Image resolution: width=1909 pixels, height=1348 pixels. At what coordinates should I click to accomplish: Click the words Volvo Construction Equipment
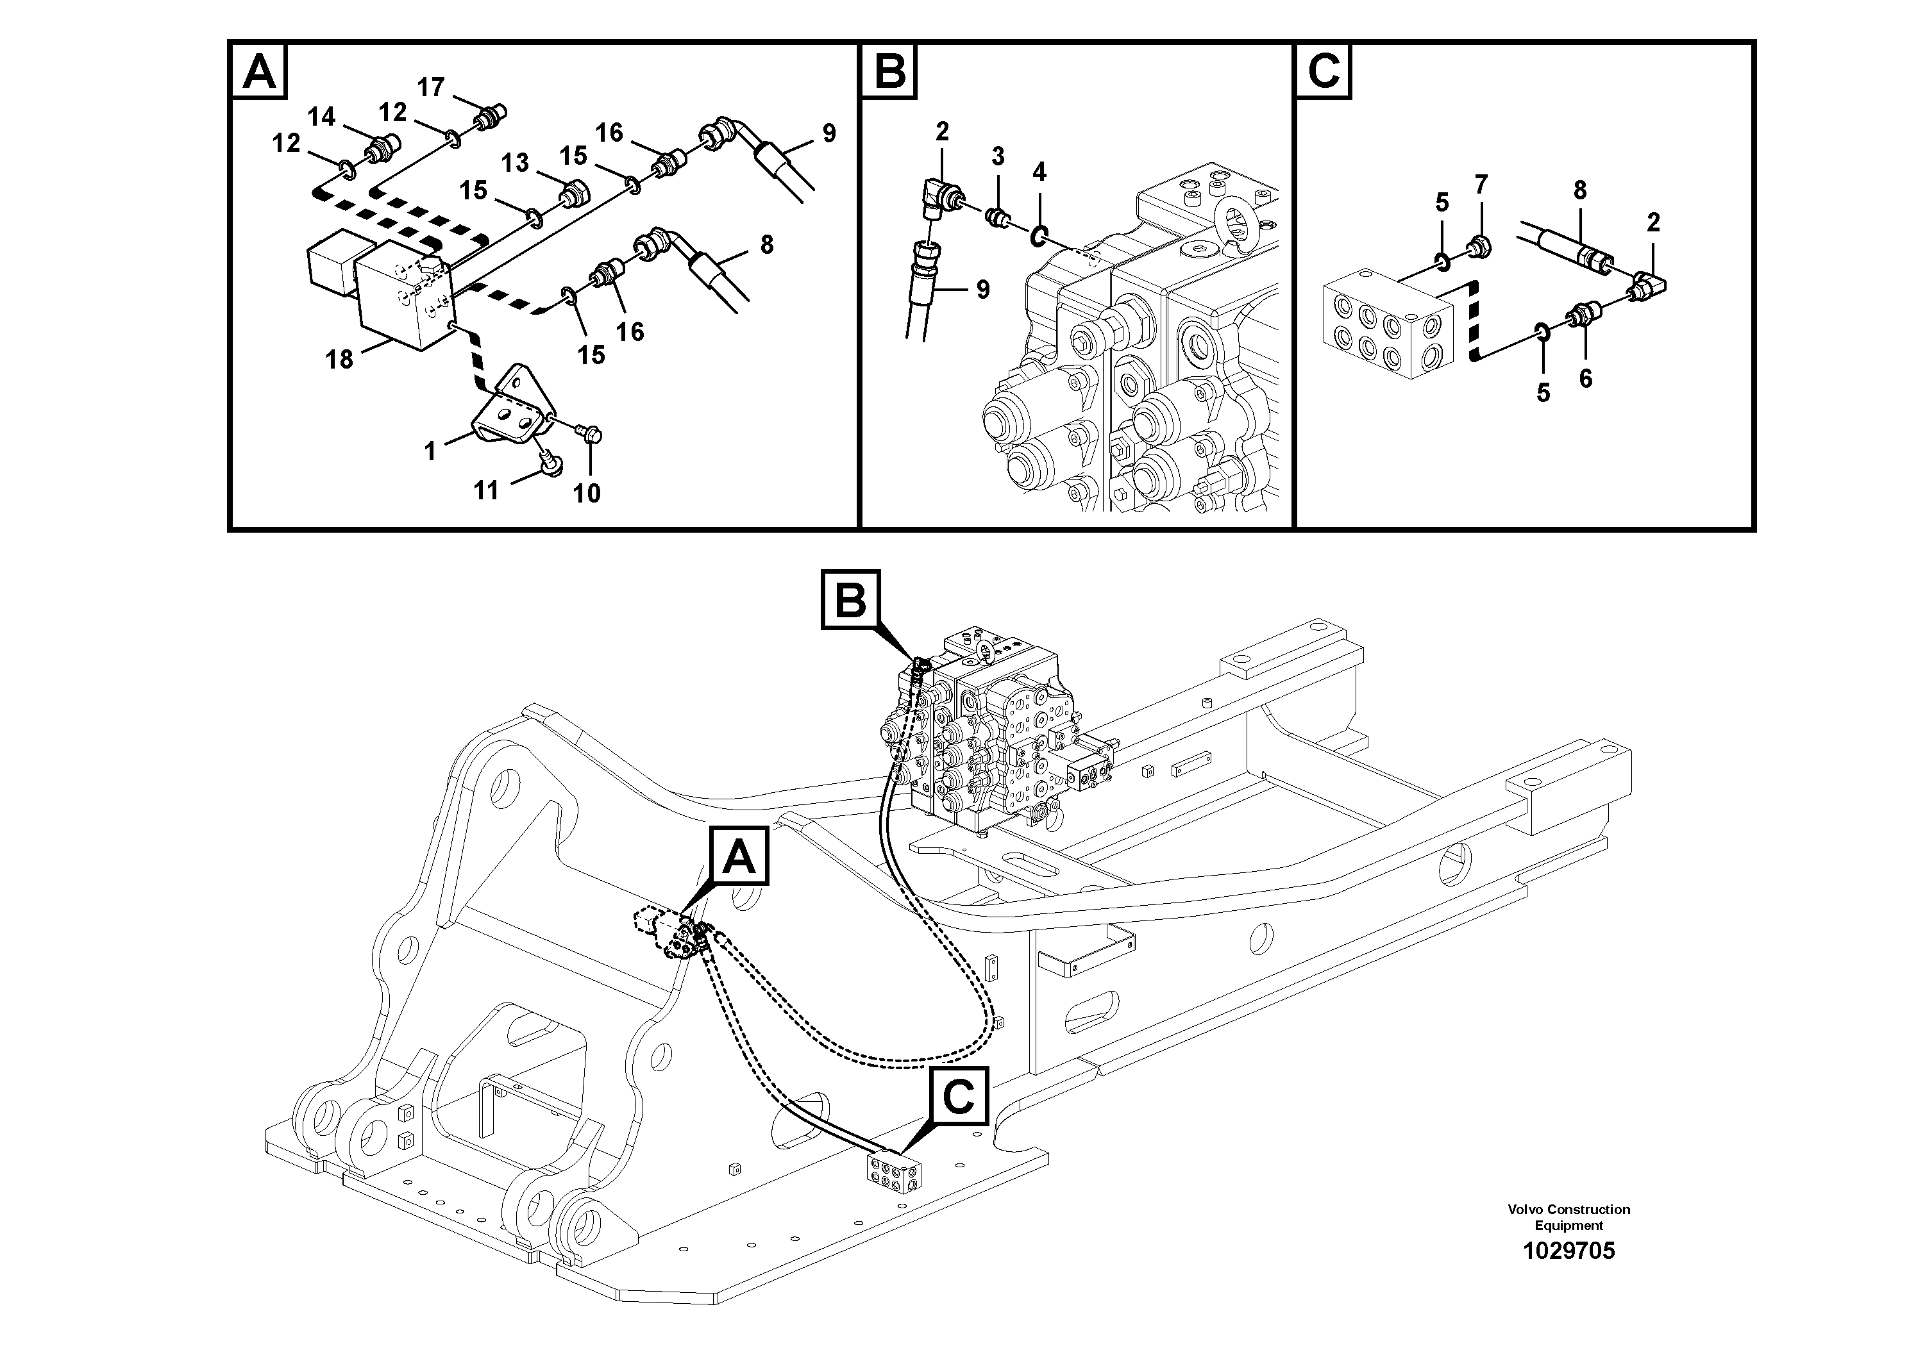click(x=1568, y=1217)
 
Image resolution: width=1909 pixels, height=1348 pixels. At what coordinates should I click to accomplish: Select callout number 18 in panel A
click(x=339, y=359)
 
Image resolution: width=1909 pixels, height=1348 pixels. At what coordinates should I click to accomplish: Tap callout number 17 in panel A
click(x=431, y=87)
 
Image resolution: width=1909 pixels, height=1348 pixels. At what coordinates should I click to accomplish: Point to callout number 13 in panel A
click(x=515, y=162)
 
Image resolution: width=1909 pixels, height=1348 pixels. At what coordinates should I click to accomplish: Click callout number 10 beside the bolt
click(x=586, y=493)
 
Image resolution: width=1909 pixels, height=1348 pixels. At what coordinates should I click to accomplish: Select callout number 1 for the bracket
click(x=430, y=451)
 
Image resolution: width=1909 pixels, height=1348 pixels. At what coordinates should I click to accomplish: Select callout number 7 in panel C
click(x=1481, y=185)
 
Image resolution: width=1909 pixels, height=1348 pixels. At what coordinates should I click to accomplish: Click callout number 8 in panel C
click(x=1580, y=190)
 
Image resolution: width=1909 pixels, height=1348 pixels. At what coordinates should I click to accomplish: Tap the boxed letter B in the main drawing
click(x=850, y=599)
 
